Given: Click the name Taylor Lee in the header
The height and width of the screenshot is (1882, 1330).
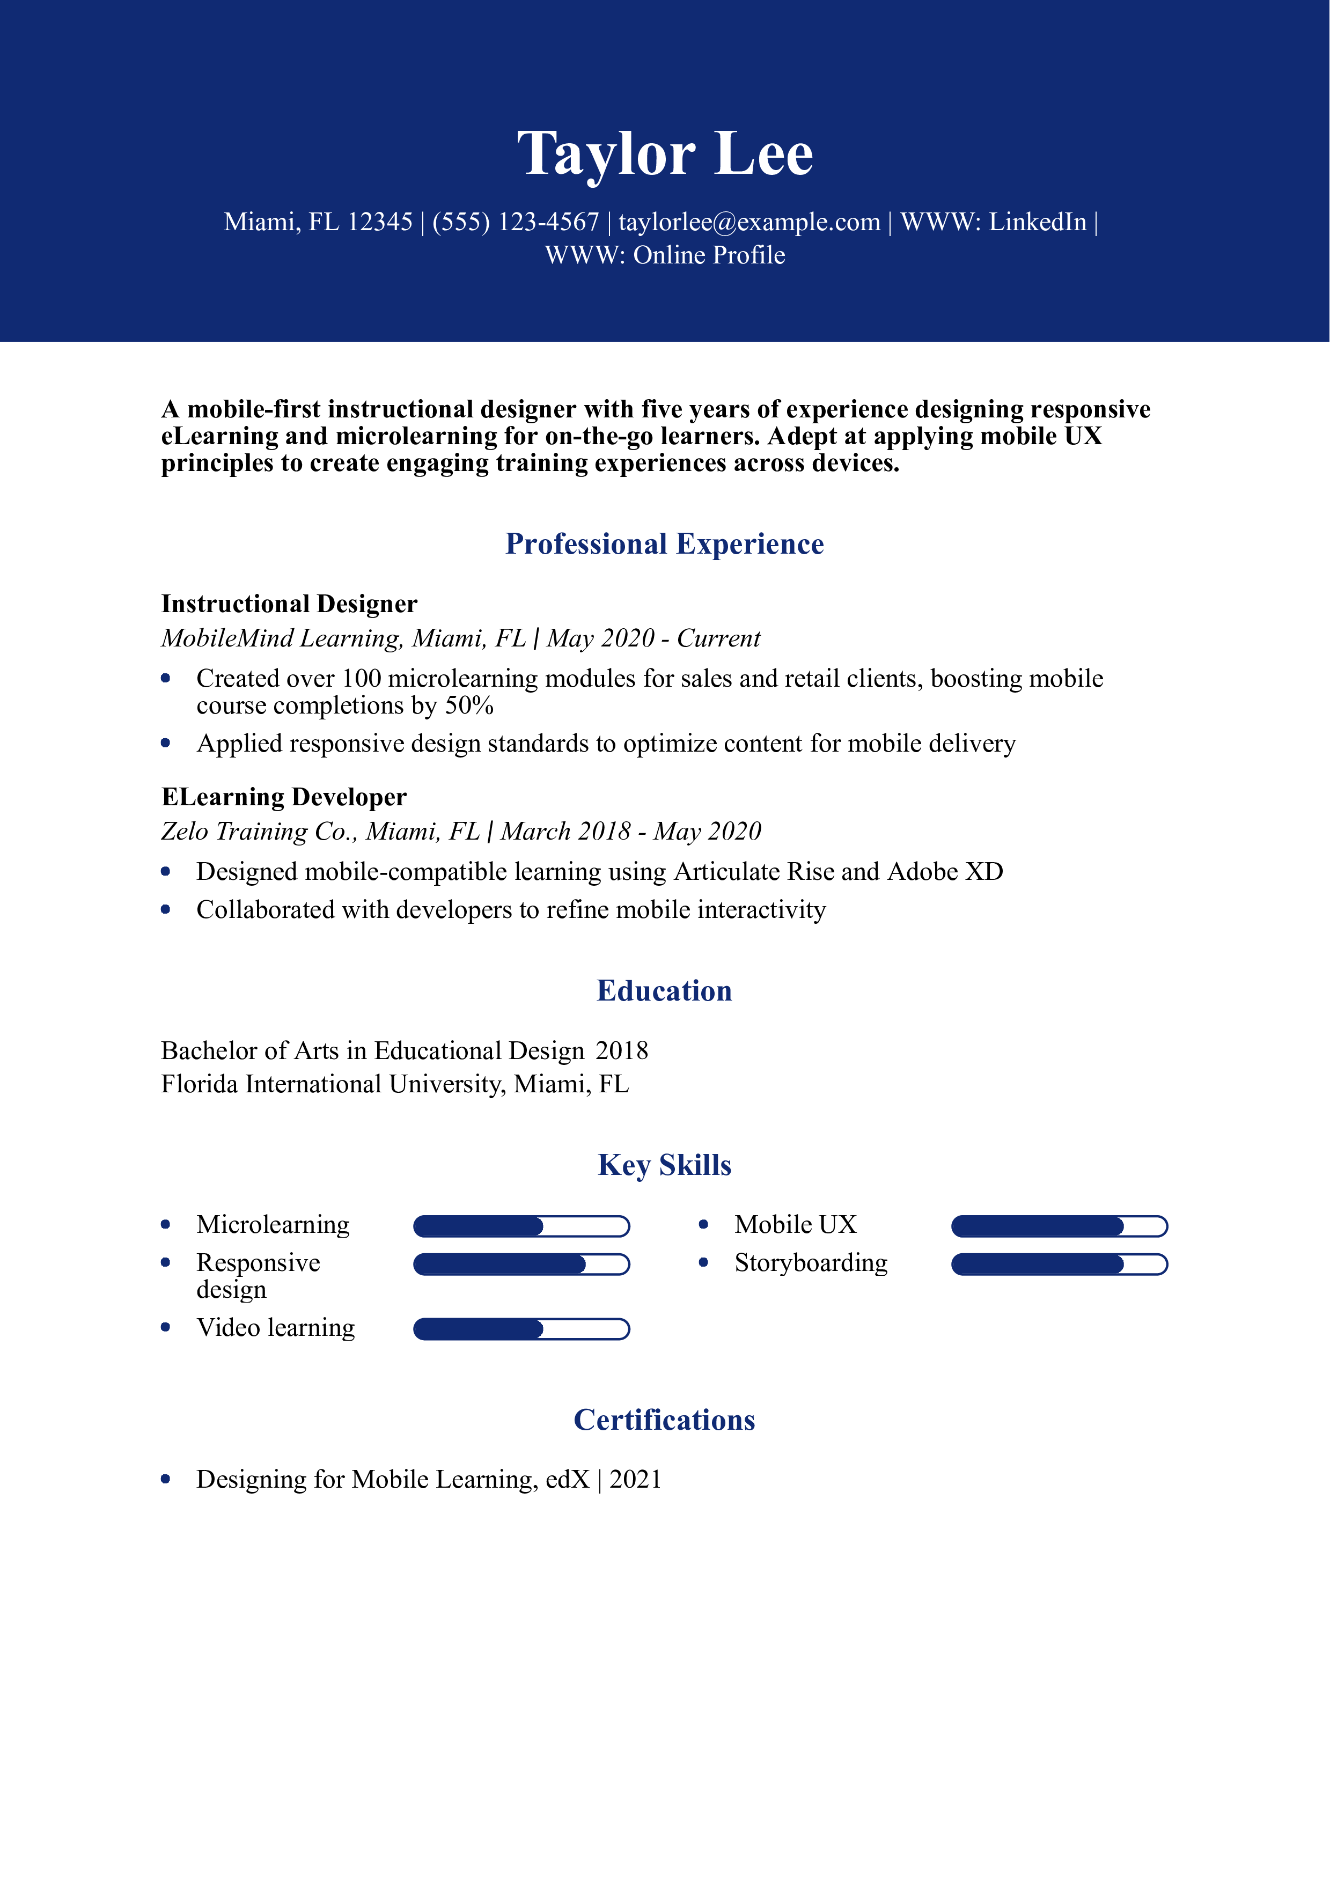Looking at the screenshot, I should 665,154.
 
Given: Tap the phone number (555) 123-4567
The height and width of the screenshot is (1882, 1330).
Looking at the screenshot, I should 516,222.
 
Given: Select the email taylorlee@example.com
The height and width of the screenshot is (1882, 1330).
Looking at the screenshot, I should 749,222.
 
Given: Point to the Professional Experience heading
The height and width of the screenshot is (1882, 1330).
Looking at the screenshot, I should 665,545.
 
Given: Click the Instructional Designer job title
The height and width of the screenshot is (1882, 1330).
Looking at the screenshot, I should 289,604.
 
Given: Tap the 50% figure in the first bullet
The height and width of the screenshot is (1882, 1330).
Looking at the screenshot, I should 469,706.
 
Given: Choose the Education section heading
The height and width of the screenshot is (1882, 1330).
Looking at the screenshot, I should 665,991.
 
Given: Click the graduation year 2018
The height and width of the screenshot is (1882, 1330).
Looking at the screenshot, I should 622,1051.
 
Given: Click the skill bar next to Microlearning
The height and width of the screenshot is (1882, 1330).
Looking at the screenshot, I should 521,1226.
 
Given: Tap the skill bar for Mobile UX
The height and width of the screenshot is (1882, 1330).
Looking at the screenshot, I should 1059,1226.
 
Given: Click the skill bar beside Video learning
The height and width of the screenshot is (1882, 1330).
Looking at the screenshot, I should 521,1329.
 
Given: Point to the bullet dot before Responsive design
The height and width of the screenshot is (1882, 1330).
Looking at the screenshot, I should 166,1263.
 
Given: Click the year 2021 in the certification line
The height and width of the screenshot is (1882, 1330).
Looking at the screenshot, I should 635,1480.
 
